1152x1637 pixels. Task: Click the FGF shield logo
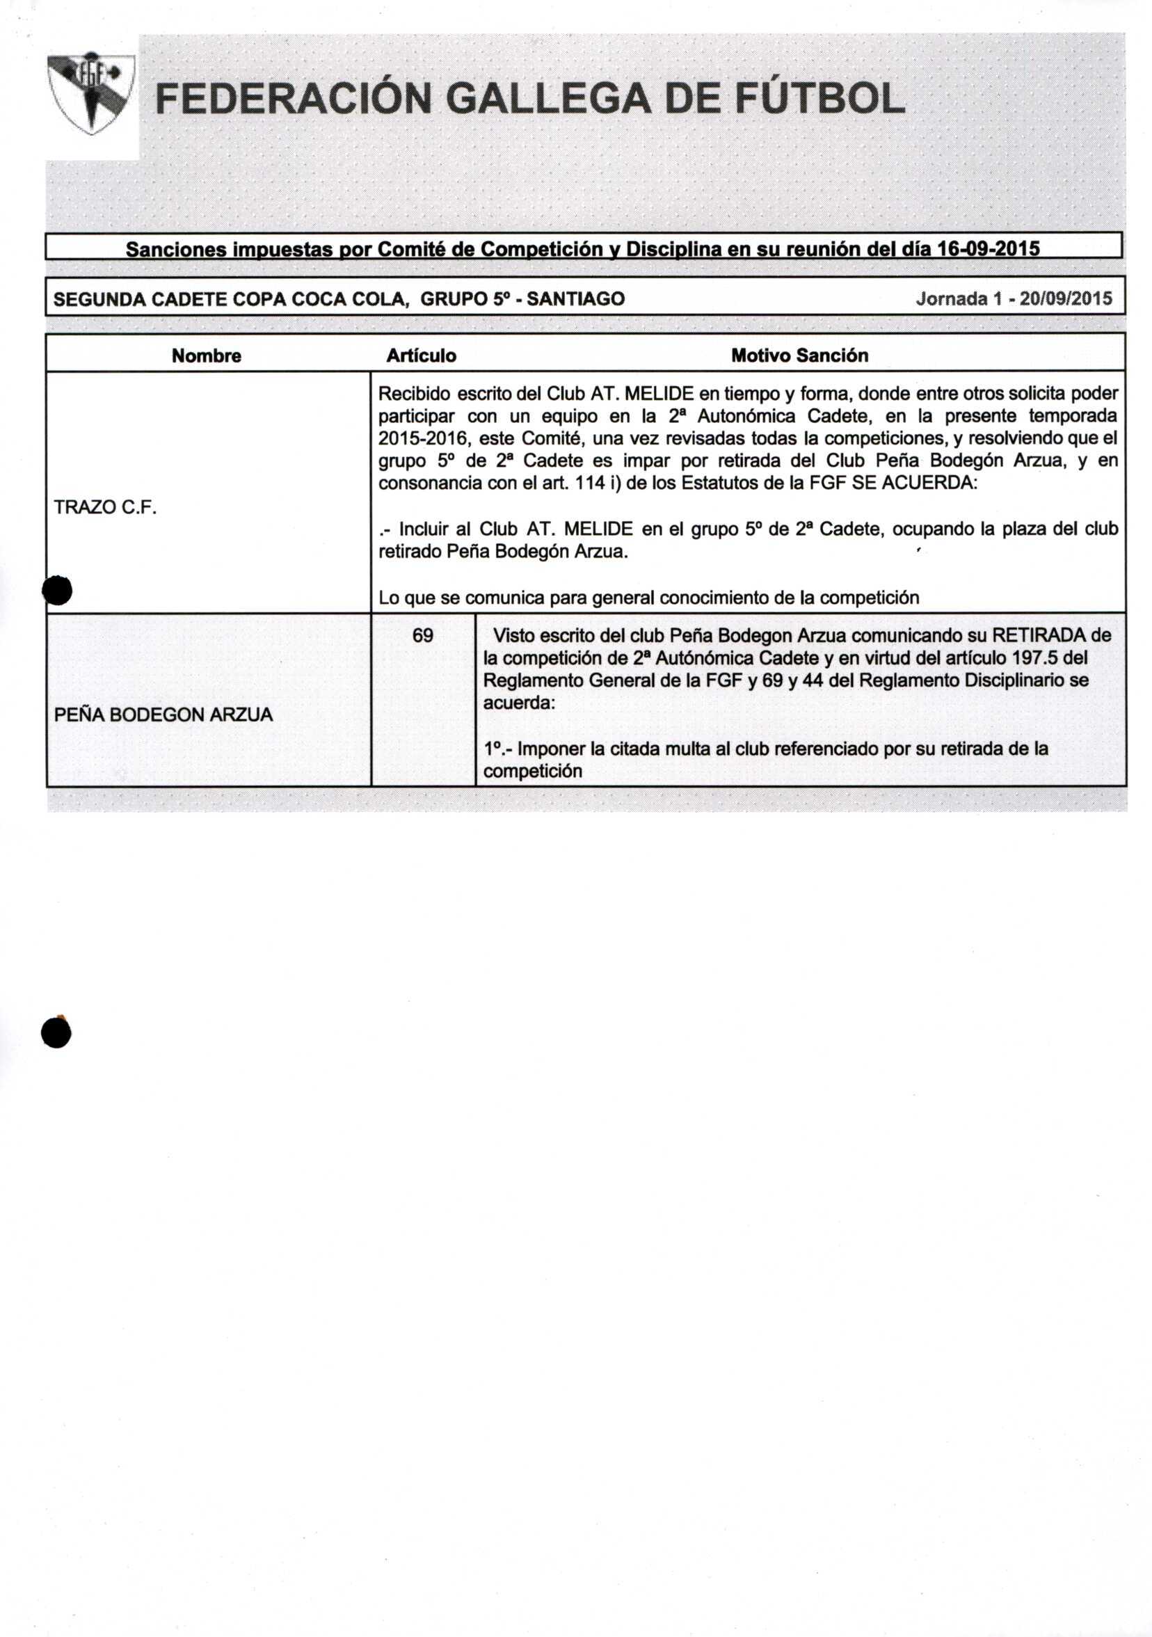pyautogui.click(x=90, y=93)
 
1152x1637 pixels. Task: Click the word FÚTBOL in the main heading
pyautogui.click(x=819, y=99)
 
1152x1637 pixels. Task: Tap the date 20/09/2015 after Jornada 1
pyautogui.click(x=1066, y=298)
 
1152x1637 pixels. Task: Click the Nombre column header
pyautogui.click(x=207, y=356)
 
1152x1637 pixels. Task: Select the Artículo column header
pyautogui.click(x=422, y=356)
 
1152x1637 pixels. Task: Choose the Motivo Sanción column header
pyautogui.click(x=800, y=356)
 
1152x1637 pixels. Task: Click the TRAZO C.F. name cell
pyautogui.click(x=106, y=508)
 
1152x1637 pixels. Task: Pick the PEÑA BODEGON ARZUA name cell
pyautogui.click(x=163, y=714)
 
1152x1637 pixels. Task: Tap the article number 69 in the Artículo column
pyautogui.click(x=423, y=635)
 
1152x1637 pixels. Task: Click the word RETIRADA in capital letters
pyautogui.click(x=1040, y=634)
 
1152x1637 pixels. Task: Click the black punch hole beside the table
pyautogui.click(x=57, y=591)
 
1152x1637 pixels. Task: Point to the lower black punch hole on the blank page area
pyautogui.click(x=56, y=1032)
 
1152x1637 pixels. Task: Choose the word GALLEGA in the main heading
pyautogui.click(x=550, y=99)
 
